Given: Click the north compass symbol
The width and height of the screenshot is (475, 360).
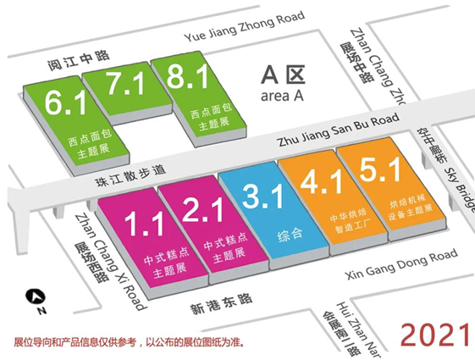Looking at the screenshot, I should (x=35, y=296).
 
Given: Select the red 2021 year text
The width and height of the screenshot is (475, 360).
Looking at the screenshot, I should (x=434, y=333).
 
